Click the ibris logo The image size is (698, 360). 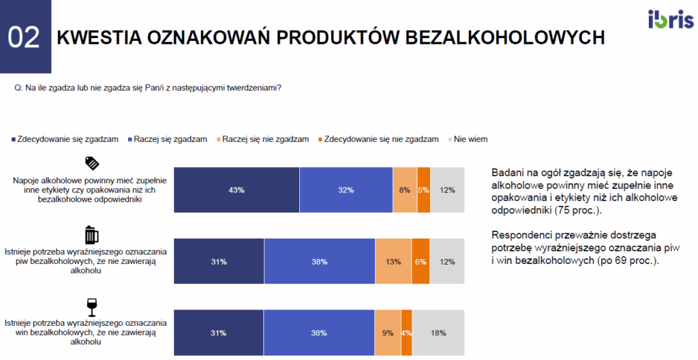671,19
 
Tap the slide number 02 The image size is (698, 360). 24,37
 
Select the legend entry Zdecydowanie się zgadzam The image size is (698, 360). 65,139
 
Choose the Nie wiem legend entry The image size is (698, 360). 468,139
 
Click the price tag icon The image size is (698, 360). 92,163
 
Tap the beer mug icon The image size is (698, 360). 91,235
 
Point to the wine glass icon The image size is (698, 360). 92,307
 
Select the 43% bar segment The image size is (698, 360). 237,190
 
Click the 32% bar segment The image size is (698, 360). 346,190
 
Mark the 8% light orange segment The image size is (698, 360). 405,190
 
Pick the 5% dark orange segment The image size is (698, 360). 423,190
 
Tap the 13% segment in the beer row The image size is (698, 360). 393,262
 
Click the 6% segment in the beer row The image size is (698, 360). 421,262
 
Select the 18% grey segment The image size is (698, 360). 438,333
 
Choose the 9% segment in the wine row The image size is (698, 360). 388,333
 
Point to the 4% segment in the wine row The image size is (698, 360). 406,333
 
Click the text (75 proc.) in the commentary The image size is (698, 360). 578,210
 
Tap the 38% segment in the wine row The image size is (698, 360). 319,333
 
